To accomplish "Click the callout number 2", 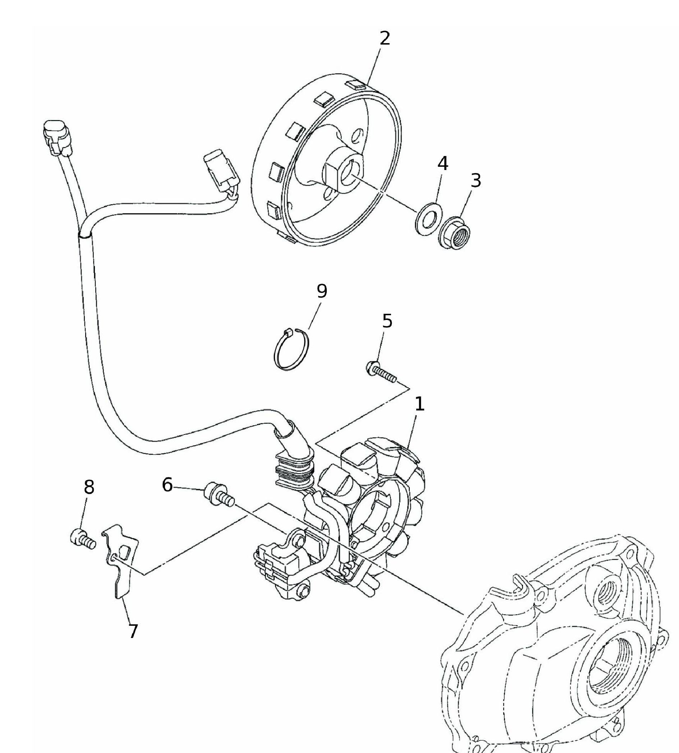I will pyautogui.click(x=385, y=38).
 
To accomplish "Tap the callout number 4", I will pyautogui.click(x=442, y=163).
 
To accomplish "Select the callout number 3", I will pyautogui.click(x=476, y=180).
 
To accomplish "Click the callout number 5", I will pyautogui.click(x=387, y=321).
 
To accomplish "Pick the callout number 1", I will pyautogui.click(x=419, y=404).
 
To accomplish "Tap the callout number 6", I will pyautogui.click(x=167, y=485).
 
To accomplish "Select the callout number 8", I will pyautogui.click(x=89, y=487).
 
